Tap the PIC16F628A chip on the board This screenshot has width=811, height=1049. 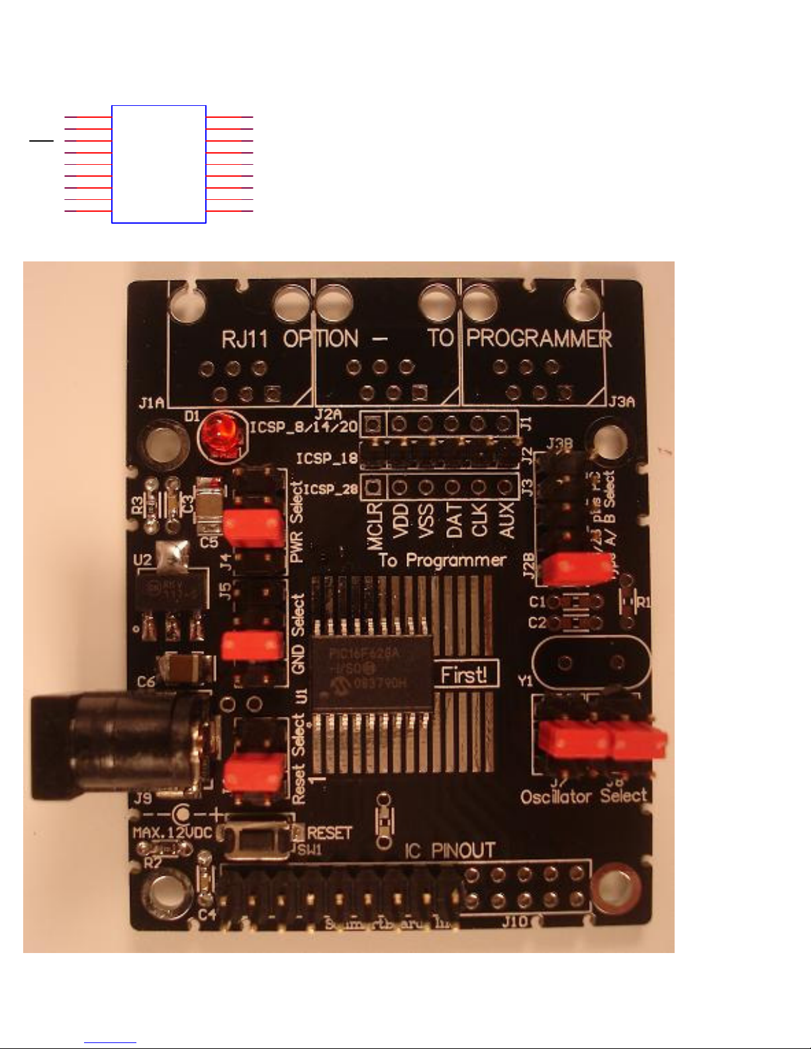point(372,672)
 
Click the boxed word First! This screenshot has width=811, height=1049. point(465,674)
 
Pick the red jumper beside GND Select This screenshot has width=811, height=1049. point(252,645)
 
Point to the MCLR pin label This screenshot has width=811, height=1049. point(375,526)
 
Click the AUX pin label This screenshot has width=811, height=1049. point(506,520)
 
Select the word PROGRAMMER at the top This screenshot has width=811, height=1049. point(539,339)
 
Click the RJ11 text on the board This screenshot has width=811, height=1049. point(244,340)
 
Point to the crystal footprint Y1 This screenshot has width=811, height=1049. point(591,662)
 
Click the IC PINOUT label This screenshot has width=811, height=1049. point(450,850)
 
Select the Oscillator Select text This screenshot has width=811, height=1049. point(583,796)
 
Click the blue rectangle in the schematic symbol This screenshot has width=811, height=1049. point(159,164)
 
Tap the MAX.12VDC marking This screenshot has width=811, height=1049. point(173,832)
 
